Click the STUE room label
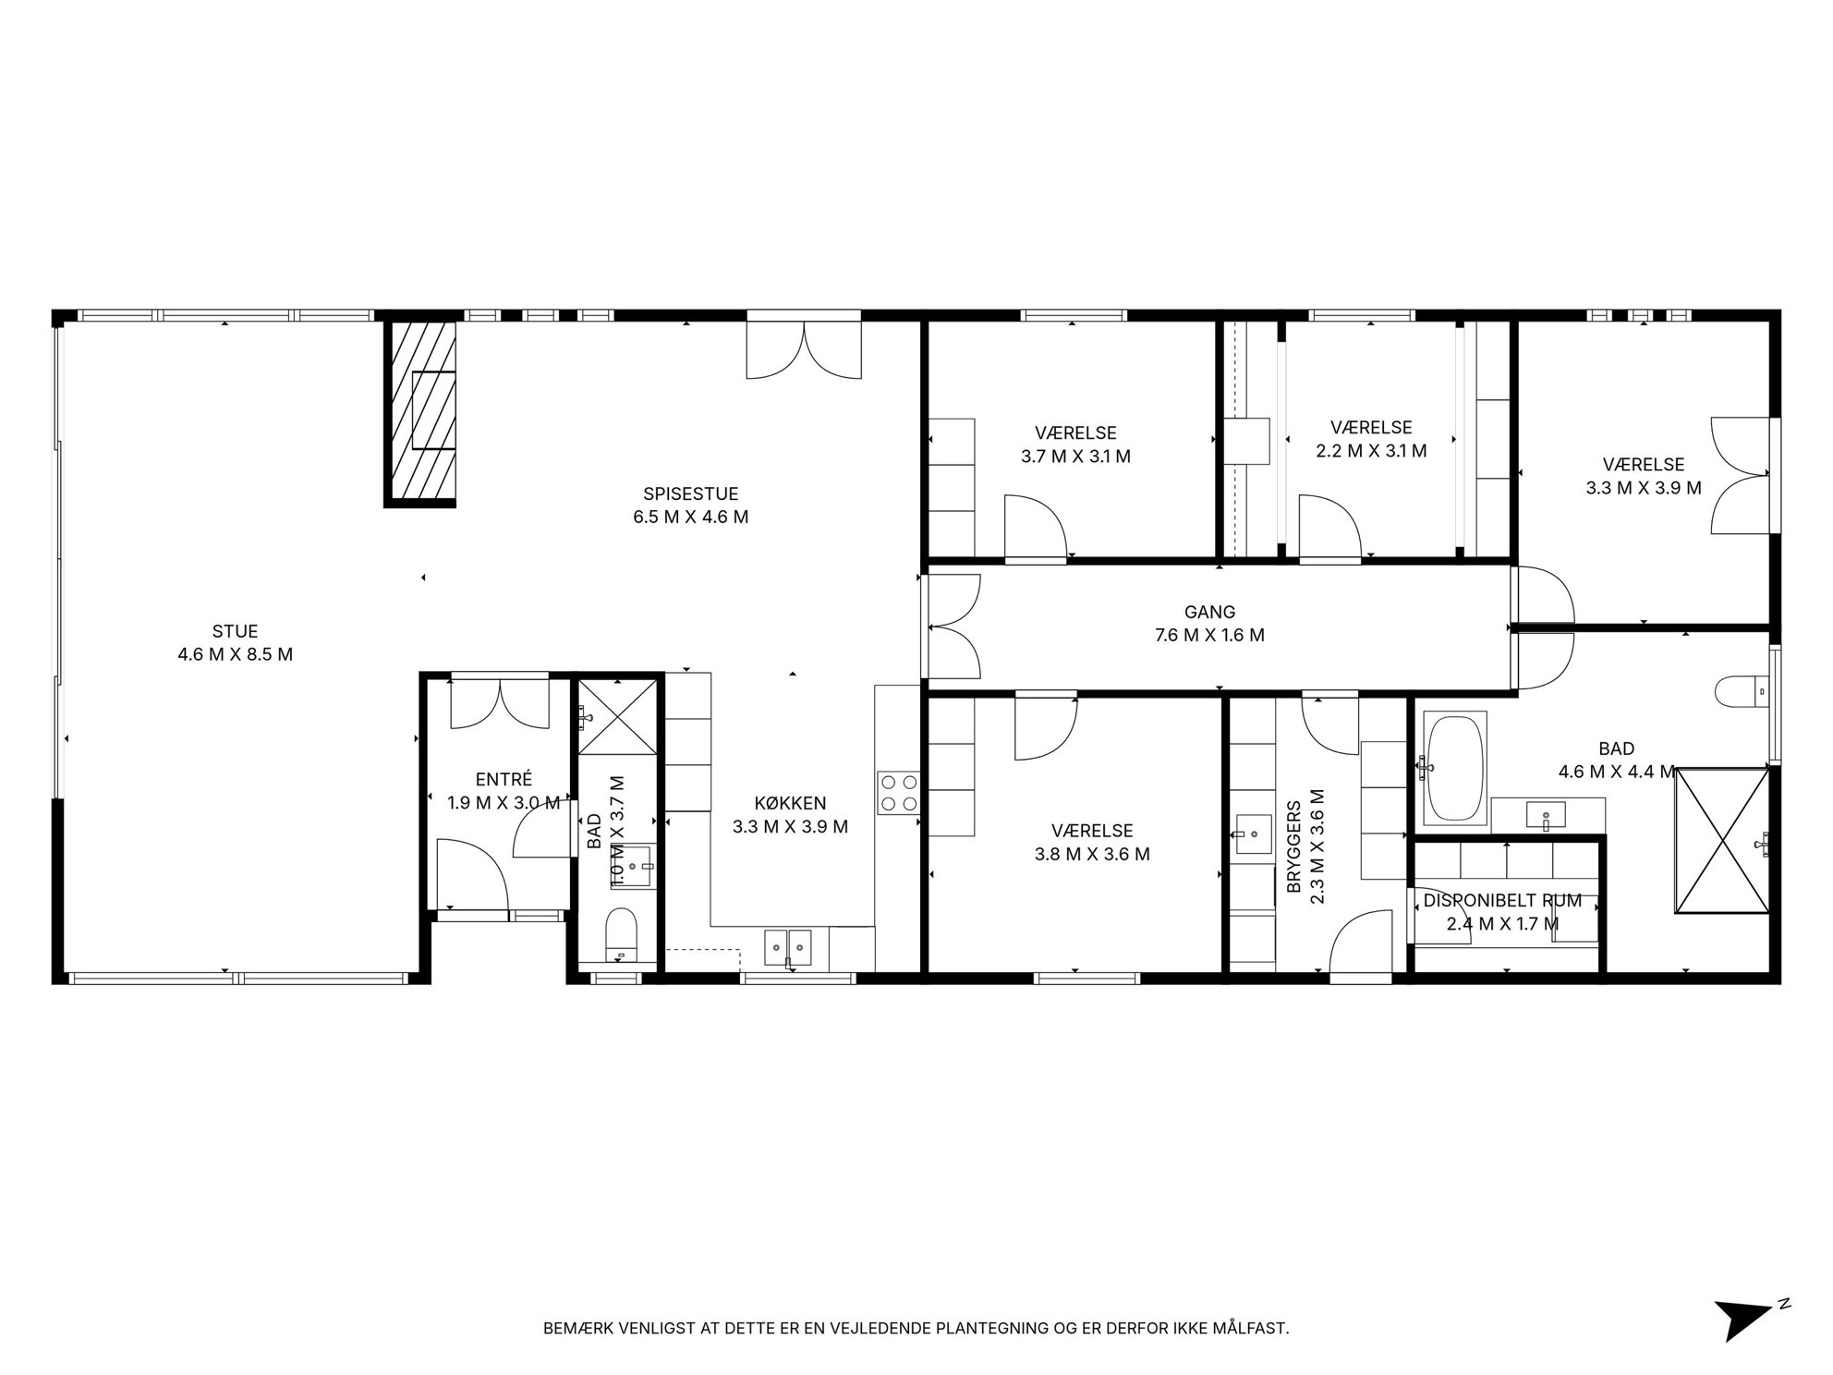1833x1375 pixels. [235, 632]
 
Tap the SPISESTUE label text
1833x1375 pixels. [690, 494]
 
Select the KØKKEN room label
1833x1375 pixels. [790, 804]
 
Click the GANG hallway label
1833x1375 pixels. [1209, 612]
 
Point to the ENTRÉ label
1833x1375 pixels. [504, 780]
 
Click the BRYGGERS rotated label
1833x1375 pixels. [1293, 846]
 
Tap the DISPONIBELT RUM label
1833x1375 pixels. [1502, 900]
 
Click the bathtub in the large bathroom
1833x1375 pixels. [1455, 768]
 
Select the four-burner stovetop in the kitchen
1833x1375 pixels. [898, 793]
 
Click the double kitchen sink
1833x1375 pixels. [787, 946]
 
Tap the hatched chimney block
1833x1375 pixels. [420, 414]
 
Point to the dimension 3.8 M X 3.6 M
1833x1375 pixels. [1092, 855]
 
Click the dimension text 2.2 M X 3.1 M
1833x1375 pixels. [1371, 451]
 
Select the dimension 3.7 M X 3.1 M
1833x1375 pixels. [1075, 456]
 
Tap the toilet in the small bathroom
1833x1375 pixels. [621, 934]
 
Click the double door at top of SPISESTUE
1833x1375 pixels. [804, 348]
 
